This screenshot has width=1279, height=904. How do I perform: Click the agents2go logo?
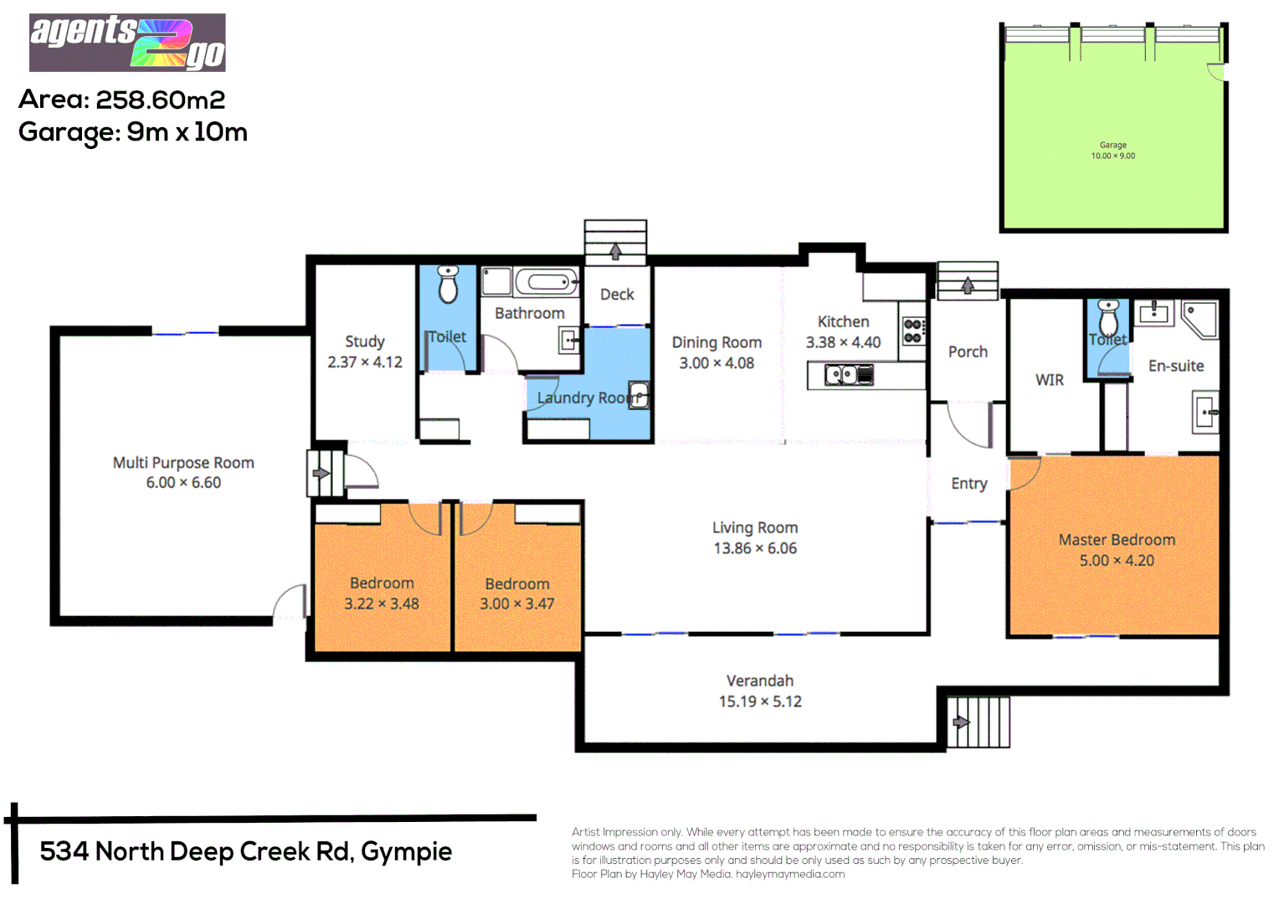(x=127, y=43)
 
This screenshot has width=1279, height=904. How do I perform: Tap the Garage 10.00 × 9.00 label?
(x=1112, y=150)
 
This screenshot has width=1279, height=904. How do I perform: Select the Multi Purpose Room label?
(x=183, y=463)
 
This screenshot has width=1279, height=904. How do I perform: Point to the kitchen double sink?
(x=849, y=375)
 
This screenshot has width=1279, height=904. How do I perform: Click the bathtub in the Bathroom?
(x=547, y=281)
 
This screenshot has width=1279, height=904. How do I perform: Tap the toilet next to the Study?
(x=448, y=284)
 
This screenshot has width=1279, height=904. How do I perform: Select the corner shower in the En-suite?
(x=1200, y=320)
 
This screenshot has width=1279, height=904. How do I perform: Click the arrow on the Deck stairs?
(x=615, y=251)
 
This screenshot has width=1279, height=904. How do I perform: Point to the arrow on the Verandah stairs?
(x=961, y=722)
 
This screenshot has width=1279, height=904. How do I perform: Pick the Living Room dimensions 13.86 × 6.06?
(x=755, y=548)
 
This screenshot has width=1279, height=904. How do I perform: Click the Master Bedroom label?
(x=1117, y=540)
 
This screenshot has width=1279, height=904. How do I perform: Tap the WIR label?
(x=1050, y=380)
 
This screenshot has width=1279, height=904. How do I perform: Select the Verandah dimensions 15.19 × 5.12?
(x=760, y=701)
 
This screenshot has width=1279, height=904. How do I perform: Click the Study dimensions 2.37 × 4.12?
(x=365, y=362)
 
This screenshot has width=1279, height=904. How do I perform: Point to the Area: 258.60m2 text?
(x=121, y=100)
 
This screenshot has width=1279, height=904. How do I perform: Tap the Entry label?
(x=969, y=484)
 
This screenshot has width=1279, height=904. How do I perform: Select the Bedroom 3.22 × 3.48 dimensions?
(x=382, y=604)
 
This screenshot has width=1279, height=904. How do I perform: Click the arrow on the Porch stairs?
(x=968, y=285)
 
